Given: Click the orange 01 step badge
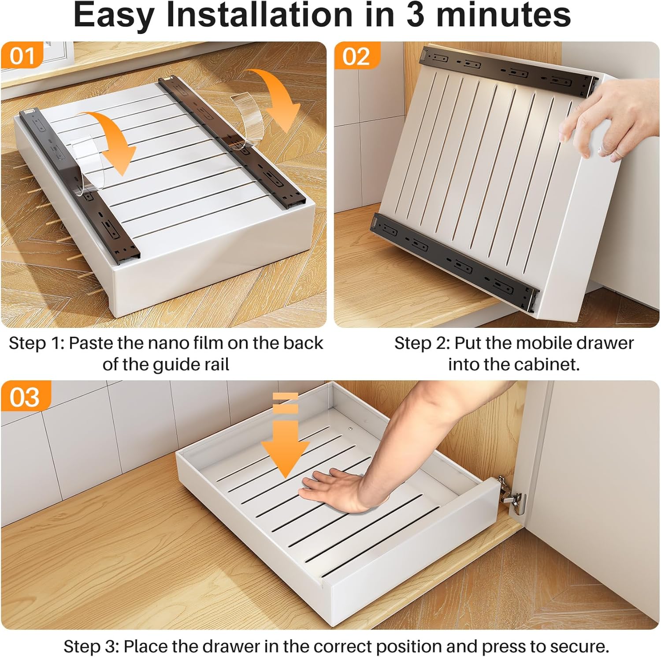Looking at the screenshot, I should pyautogui.click(x=22, y=56).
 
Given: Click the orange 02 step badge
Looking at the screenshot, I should pyautogui.click(x=356, y=56).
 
